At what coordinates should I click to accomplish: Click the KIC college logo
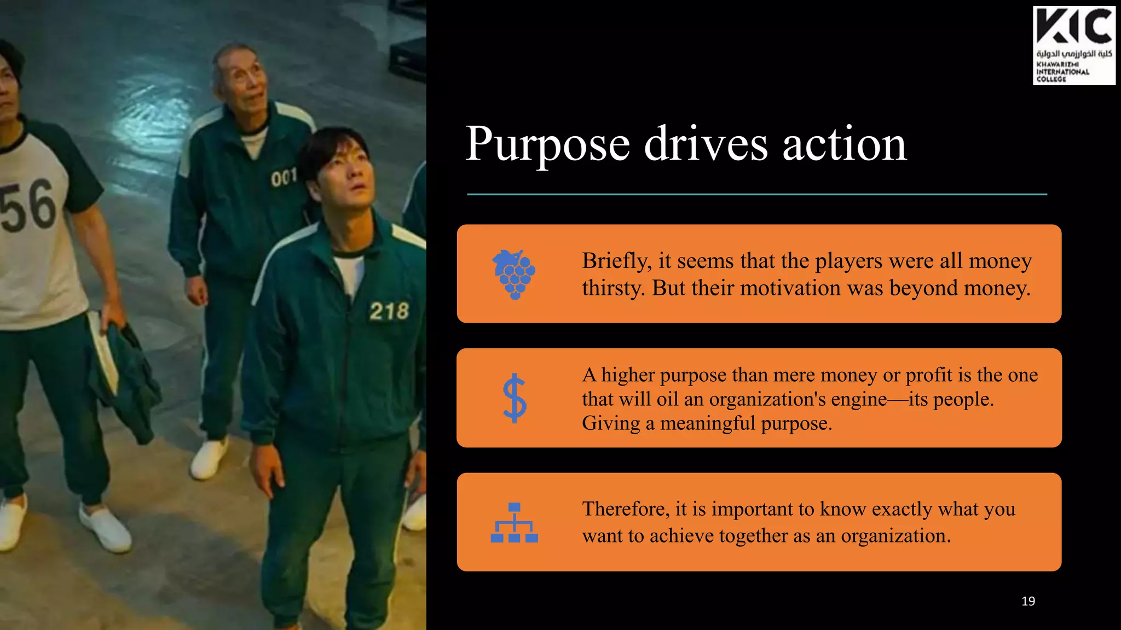(1073, 45)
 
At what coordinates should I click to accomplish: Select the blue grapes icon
(514, 274)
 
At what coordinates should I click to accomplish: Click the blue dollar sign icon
(515, 398)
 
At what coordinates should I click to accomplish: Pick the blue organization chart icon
(514, 522)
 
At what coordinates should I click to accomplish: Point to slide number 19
(1028, 601)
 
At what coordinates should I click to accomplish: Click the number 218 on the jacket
(389, 311)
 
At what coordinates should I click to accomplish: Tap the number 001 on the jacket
(284, 177)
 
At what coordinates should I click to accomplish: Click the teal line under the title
(756, 194)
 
